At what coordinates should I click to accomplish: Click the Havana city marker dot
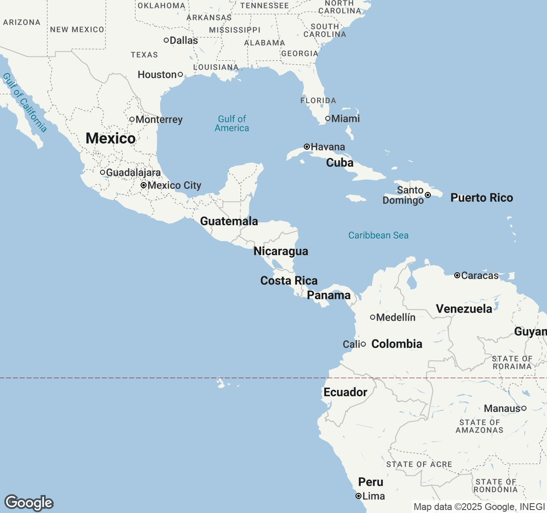(306, 147)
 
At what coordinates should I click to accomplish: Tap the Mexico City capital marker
(144, 185)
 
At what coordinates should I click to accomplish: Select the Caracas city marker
(457, 275)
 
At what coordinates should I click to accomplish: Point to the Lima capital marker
(359, 496)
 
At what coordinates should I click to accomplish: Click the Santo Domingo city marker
(427, 195)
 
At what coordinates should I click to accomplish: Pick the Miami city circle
(328, 118)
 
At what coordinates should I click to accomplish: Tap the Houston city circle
(180, 74)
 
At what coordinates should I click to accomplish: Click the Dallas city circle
(166, 40)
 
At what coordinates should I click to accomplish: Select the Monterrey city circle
(132, 119)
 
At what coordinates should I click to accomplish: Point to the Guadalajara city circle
(103, 172)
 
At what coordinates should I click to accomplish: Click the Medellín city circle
(373, 317)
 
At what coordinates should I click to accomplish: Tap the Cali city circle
(363, 344)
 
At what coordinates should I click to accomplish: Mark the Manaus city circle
(524, 408)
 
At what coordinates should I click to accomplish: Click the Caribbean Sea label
(378, 235)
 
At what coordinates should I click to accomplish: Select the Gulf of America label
(232, 124)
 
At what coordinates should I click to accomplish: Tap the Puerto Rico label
(482, 198)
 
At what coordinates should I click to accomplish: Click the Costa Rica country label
(289, 280)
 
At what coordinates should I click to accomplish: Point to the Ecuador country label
(345, 392)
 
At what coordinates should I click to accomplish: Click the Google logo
(29, 502)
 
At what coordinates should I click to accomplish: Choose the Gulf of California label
(24, 103)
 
